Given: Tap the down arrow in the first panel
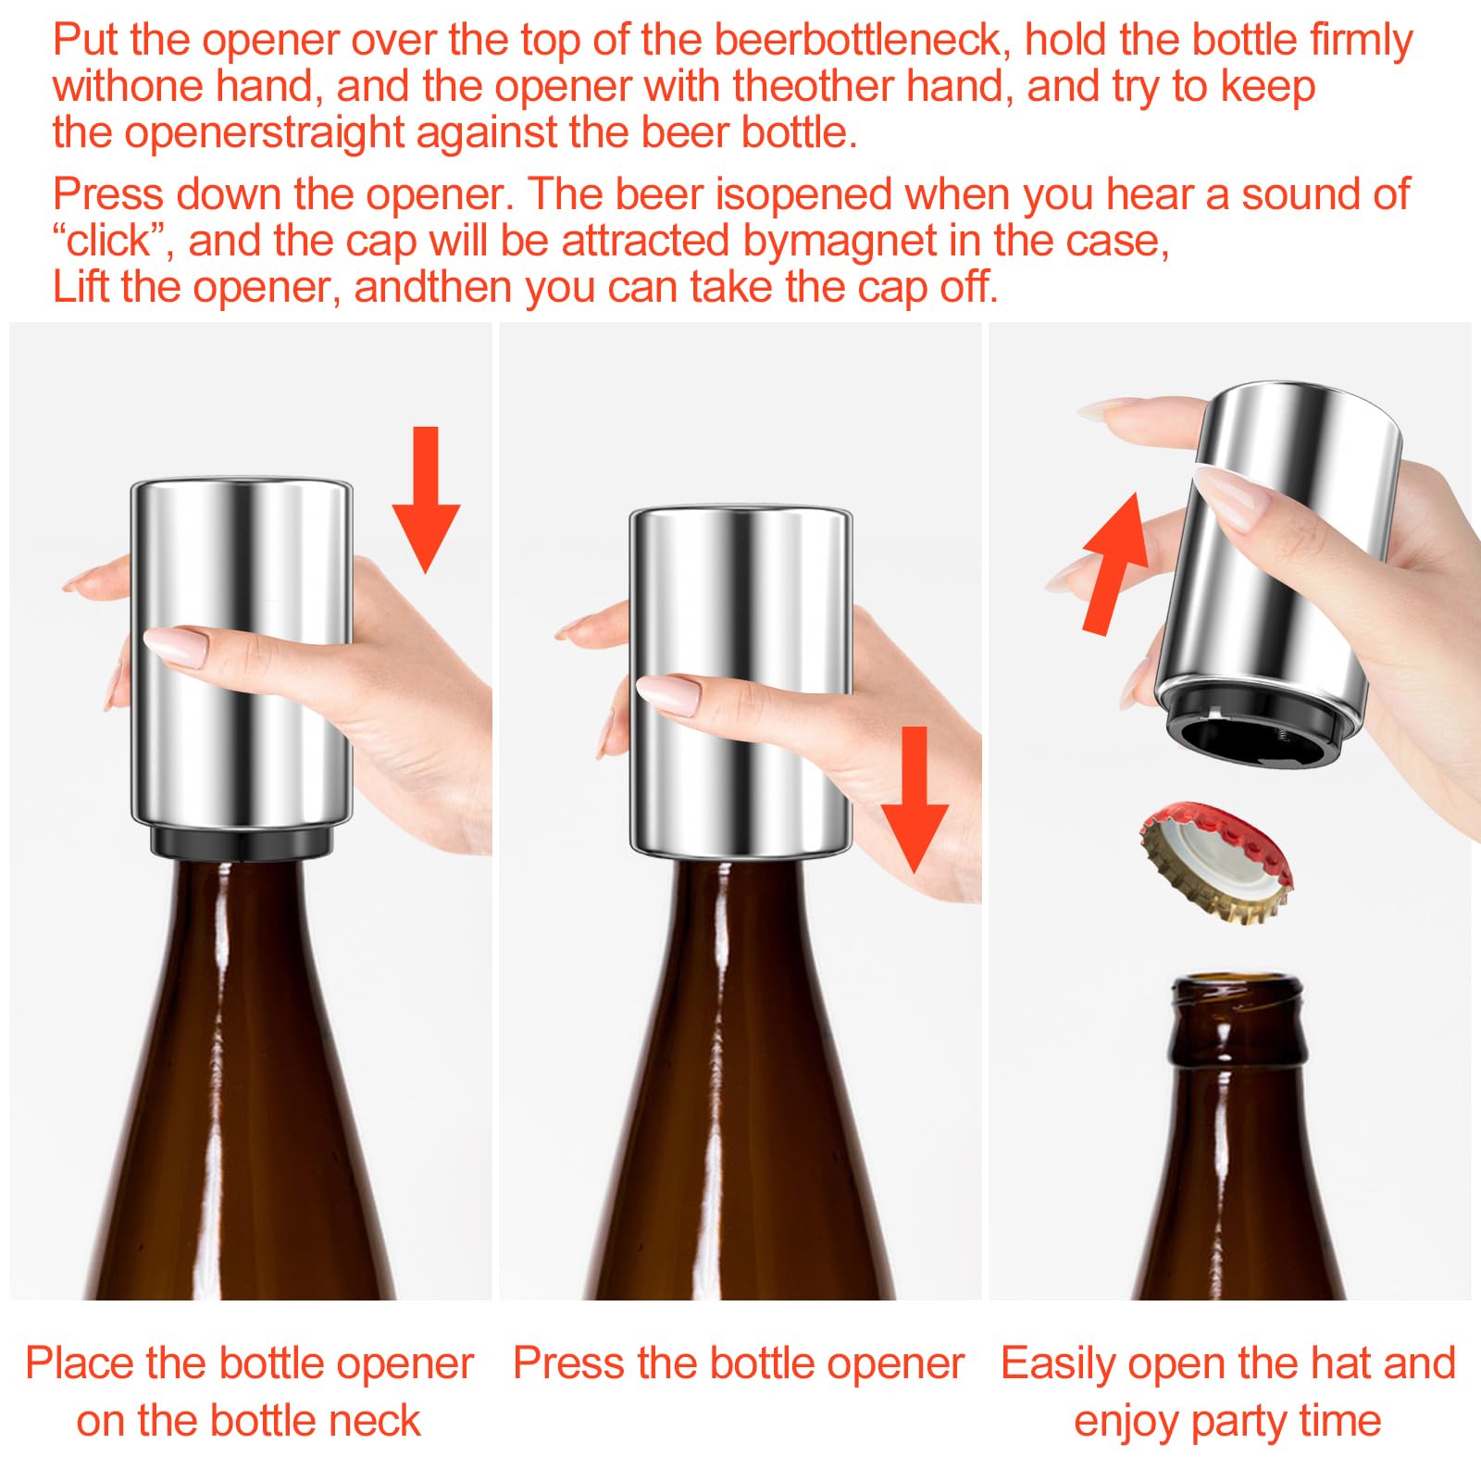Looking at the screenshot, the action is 426,499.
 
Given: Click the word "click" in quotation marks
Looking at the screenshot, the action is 109,241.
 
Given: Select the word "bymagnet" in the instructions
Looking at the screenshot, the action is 840,242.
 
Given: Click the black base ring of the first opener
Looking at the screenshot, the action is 241,842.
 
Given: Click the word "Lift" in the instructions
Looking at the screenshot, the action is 81,287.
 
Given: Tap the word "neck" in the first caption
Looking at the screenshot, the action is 374,1422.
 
